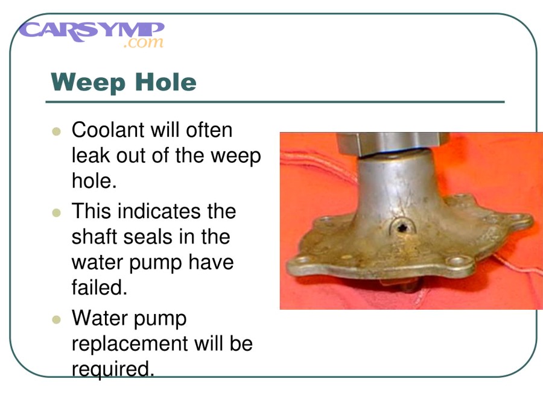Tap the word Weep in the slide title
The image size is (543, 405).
pyautogui.click(x=85, y=82)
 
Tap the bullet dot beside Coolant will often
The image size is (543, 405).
pyautogui.click(x=57, y=131)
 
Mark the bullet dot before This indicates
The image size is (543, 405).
pyautogui.click(x=57, y=212)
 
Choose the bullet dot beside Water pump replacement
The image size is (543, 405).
pyautogui.click(x=57, y=318)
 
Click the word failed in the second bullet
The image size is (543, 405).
pyautogui.click(x=99, y=287)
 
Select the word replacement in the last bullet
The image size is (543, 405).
pyautogui.click(x=129, y=344)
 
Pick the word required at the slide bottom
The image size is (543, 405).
pyautogui.click(x=112, y=368)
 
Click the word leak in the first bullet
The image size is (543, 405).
pyautogui.click(x=89, y=156)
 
